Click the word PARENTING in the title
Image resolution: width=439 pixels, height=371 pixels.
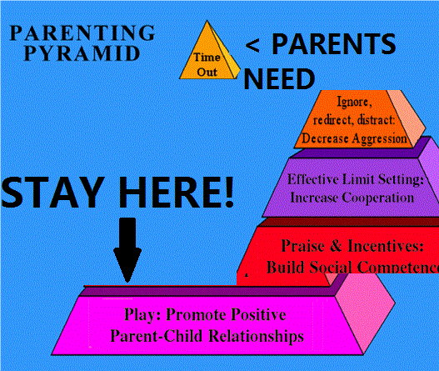tap(82, 33)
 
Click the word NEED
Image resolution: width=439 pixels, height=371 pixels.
tap(279, 78)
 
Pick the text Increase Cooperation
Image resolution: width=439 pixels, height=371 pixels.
tap(352, 198)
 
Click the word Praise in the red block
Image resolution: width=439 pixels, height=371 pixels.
tap(303, 246)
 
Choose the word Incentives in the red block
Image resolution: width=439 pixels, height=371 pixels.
tap(385, 246)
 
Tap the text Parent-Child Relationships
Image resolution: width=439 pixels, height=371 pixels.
tap(207, 337)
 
